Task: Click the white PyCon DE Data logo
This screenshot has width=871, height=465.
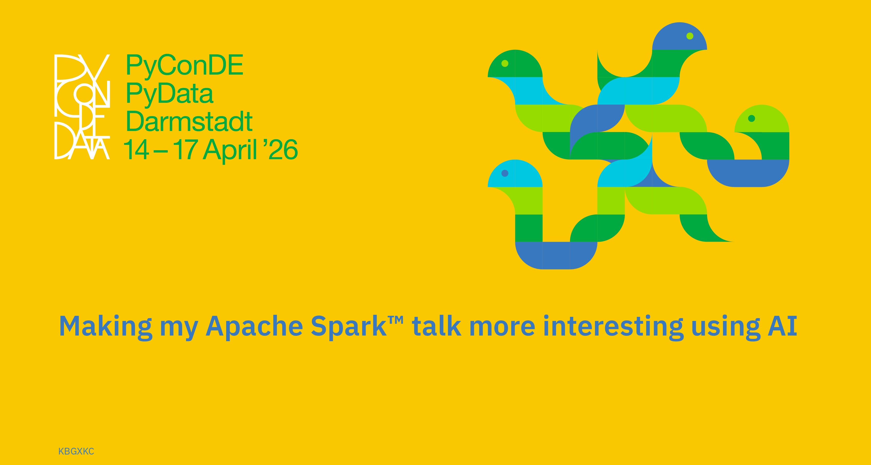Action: [82, 107]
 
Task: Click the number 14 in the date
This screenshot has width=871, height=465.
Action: [136, 149]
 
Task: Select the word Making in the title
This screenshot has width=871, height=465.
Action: [106, 327]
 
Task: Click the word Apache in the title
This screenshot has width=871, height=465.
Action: [254, 327]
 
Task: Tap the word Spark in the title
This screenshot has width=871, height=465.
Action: [349, 327]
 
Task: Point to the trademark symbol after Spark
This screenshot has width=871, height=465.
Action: [396, 320]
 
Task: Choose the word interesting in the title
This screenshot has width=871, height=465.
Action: [613, 327]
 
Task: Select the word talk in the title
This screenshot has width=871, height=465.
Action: [436, 326]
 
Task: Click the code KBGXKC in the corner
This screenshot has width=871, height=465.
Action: [76, 451]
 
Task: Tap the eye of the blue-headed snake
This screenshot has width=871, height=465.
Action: [690, 36]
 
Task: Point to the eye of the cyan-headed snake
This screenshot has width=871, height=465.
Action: [505, 173]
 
